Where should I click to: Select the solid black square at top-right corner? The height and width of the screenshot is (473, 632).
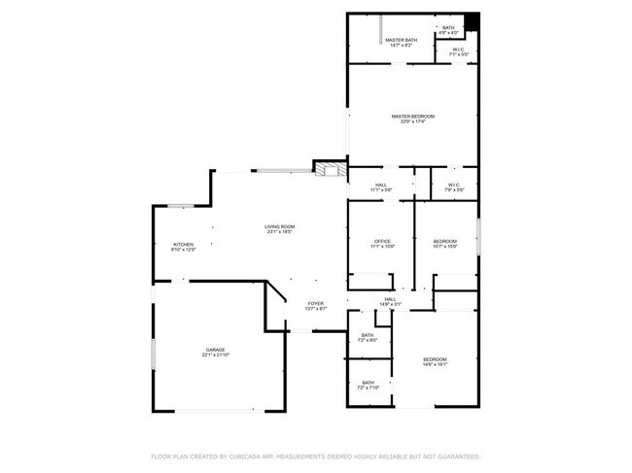point(473,21)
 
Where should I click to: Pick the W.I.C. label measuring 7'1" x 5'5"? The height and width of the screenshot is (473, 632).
point(458,52)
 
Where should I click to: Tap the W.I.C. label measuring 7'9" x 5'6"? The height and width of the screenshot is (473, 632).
point(454,186)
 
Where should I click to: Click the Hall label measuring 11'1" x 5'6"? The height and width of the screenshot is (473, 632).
point(381,186)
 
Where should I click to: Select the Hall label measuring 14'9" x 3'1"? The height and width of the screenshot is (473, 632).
point(389,301)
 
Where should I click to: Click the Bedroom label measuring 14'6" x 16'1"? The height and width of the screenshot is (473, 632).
point(434,361)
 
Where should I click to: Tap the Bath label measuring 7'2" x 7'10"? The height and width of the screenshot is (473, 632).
point(369,385)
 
